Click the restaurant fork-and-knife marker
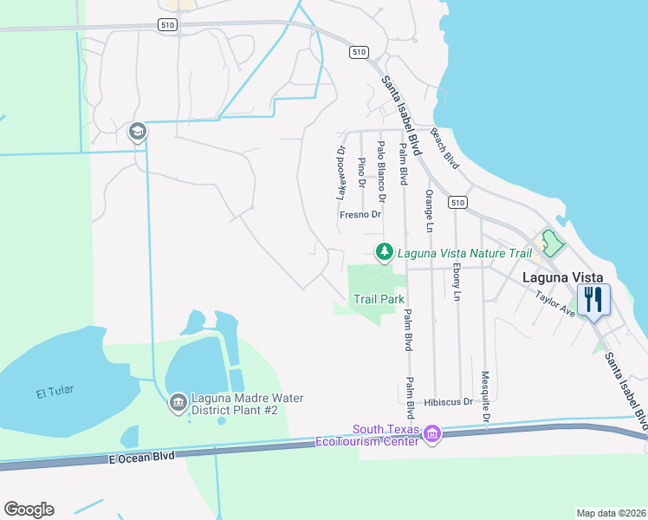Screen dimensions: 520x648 (x=593, y=299)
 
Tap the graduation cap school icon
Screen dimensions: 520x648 (x=137, y=132)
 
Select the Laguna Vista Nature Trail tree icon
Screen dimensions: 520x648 (x=384, y=252)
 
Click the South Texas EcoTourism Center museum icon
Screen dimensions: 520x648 (x=431, y=432)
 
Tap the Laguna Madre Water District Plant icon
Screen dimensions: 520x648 (x=178, y=402)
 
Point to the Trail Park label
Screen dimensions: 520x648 (x=379, y=299)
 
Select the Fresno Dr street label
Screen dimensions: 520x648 (x=360, y=214)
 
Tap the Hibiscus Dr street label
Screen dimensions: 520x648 (x=449, y=402)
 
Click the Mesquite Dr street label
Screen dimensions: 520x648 (x=485, y=399)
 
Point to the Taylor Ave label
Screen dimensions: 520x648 (x=555, y=302)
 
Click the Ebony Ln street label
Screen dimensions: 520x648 (x=457, y=283)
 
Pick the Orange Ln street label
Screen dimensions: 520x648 (x=428, y=211)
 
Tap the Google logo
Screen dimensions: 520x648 (x=29, y=510)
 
